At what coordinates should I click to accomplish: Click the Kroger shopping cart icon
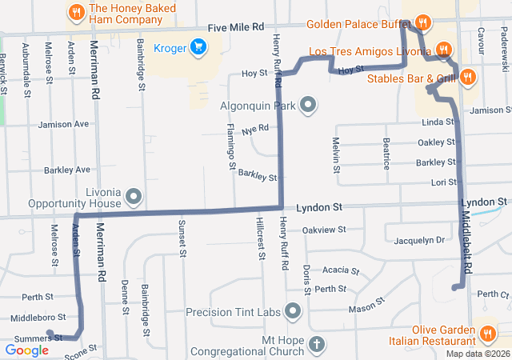pyautogui.click(x=198, y=47)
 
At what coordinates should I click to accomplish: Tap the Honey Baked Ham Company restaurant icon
pyautogui.click(x=77, y=12)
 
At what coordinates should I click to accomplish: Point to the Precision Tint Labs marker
pyautogui.click(x=294, y=311)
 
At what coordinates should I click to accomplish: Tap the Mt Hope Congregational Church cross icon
pyautogui.click(x=318, y=345)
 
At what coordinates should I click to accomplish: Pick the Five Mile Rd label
pyautogui.click(x=235, y=27)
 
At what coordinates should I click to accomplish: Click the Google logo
pyautogui.click(x=26, y=350)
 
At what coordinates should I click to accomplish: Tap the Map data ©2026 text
pyautogui.click(x=478, y=354)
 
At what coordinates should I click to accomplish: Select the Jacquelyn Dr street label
pyautogui.click(x=418, y=239)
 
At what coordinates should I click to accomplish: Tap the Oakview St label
pyautogui.click(x=324, y=230)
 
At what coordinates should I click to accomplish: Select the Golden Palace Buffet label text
pyautogui.click(x=358, y=24)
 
